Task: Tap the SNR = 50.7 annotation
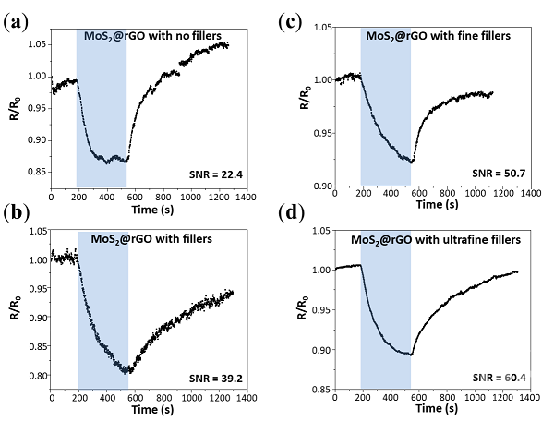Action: point(498,173)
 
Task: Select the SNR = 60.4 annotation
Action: point(498,379)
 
